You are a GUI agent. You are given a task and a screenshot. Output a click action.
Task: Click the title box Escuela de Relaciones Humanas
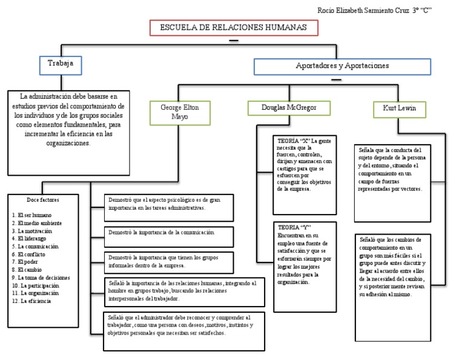(233, 28)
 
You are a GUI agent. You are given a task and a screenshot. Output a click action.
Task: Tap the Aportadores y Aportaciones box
(342, 66)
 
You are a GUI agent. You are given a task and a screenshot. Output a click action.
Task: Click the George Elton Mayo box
(179, 112)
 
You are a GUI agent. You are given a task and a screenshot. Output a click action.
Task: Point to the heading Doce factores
(43, 199)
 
